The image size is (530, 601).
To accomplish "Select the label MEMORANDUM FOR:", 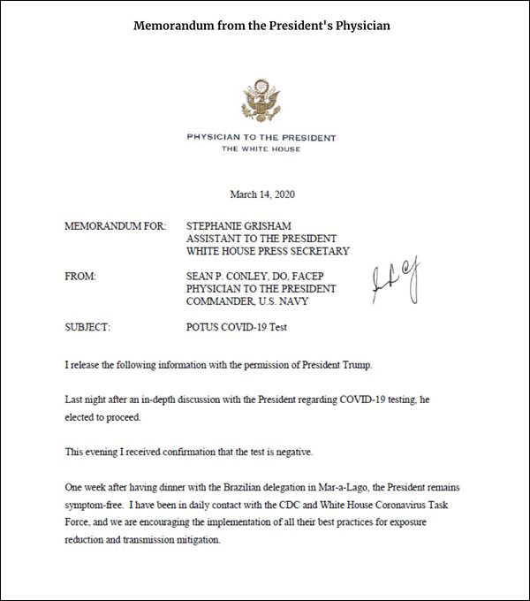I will click(115, 226).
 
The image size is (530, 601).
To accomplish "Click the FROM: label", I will click(80, 277).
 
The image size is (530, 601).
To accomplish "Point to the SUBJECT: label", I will click(87, 328).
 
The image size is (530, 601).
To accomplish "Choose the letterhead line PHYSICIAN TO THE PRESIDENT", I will click(261, 138).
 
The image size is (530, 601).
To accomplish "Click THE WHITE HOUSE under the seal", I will click(261, 149).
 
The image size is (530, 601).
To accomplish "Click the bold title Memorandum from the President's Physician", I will click(261, 26).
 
